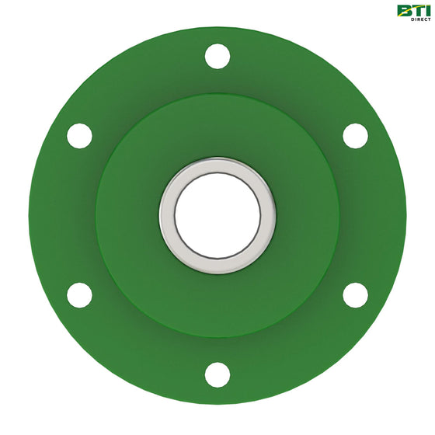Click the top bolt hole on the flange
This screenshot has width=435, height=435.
click(x=217, y=56)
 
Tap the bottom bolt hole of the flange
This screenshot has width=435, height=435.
click(x=217, y=374)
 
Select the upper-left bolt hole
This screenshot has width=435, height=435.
click(x=79, y=136)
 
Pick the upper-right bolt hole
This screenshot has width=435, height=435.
click(x=355, y=136)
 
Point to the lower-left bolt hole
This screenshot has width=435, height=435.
click(x=79, y=295)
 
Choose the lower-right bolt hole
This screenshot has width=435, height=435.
click(x=355, y=295)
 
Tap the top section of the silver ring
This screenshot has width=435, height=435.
click(x=217, y=165)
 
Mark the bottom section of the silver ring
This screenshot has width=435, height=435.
click(x=217, y=266)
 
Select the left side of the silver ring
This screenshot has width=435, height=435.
click(x=166, y=215)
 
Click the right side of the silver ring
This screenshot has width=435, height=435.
click(x=269, y=215)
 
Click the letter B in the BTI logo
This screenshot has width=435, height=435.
click(x=405, y=10)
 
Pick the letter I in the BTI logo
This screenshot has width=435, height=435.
click(x=427, y=10)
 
